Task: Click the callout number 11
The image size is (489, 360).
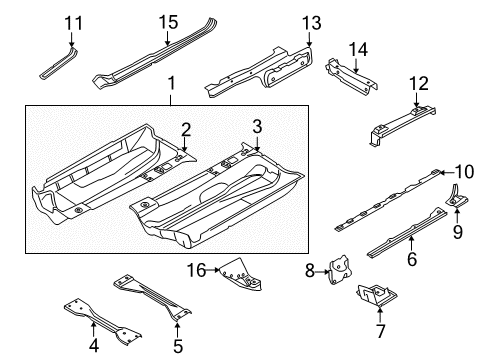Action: click(x=73, y=23)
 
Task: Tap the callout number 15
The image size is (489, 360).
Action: click(x=168, y=22)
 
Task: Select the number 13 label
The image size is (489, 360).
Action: click(x=311, y=23)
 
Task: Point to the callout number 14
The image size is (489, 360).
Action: click(x=358, y=50)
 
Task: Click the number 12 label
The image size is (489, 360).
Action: click(x=419, y=84)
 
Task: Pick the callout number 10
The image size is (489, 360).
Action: click(x=464, y=172)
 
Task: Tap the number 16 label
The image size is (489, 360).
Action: click(x=196, y=270)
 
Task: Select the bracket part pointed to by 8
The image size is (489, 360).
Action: click(x=340, y=270)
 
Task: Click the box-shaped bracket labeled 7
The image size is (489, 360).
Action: click(x=375, y=295)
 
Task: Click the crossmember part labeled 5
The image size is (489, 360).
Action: click(x=152, y=295)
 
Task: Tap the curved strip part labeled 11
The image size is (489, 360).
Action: click(x=59, y=63)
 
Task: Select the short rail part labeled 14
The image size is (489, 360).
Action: click(x=351, y=76)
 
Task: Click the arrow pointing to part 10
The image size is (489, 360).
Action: click(x=446, y=172)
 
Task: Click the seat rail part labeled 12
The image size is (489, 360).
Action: click(x=402, y=125)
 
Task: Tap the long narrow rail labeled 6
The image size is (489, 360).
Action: click(x=407, y=232)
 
